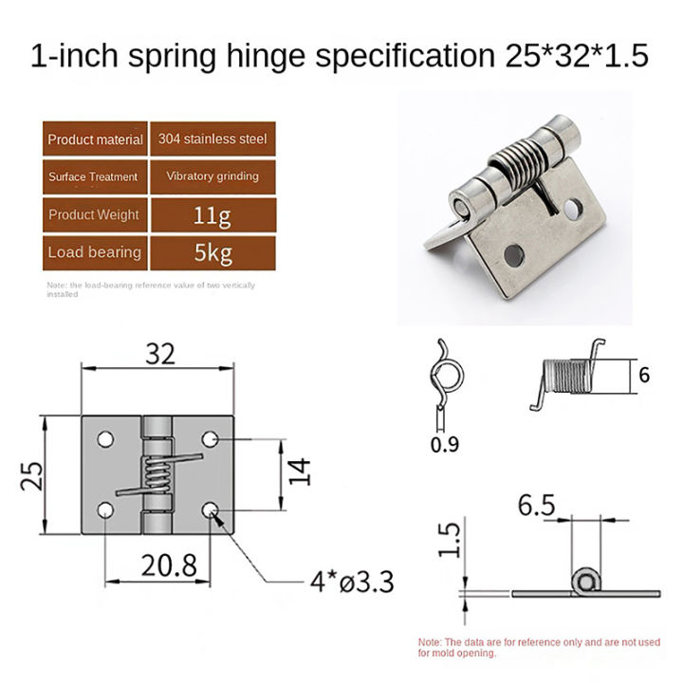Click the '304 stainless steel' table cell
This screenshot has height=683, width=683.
click(212, 139)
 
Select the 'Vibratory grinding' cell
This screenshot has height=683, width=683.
click(212, 176)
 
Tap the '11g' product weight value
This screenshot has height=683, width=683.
click(212, 214)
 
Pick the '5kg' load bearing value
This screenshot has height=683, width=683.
click(212, 252)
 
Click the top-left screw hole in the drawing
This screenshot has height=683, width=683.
click(103, 439)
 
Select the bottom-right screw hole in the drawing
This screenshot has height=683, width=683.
click(212, 512)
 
